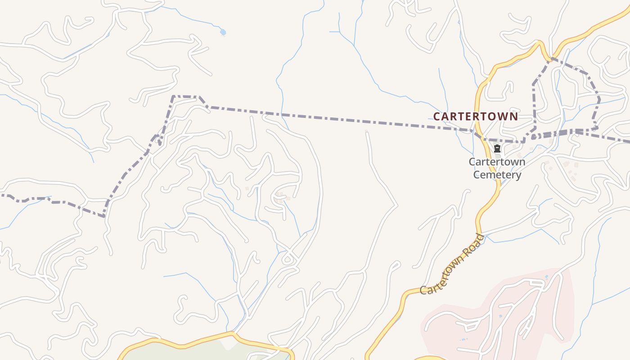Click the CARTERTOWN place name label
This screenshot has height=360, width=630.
coord(475,117)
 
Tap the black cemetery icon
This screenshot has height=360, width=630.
coord(497,149)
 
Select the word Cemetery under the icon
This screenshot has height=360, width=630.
coord(497,175)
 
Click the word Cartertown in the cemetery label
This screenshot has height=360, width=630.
coord(497,162)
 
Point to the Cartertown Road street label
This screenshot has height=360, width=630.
coord(452,265)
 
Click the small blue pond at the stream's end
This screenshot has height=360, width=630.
coord(223,32)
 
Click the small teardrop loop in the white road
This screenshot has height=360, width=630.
coord(287,260)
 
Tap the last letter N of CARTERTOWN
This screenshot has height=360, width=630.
coord(514,117)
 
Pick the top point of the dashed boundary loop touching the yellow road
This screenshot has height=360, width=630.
coord(550,58)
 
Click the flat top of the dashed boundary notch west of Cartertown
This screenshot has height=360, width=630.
coord(186,96)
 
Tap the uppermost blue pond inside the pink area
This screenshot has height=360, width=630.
coord(547,277)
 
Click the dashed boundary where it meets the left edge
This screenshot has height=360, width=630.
coord(2,195)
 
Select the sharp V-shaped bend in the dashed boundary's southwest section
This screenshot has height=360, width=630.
coord(104,216)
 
